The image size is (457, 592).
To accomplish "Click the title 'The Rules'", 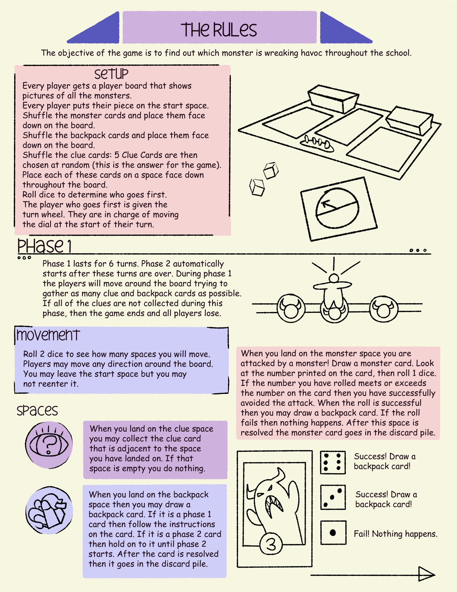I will point(219,30).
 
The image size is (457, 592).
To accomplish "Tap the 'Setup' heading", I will point(111,74).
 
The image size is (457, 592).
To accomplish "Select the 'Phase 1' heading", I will point(44,246).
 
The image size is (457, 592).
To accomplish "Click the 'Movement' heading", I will point(48,335).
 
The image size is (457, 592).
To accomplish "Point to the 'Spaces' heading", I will point(37,410).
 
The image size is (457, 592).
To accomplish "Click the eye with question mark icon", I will point(49,445).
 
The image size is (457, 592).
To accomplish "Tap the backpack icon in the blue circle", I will point(49,510).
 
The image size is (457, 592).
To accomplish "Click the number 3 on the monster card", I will point(271,545).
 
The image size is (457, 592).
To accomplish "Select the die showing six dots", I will point(333,462).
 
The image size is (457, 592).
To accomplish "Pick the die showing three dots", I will point(333,497).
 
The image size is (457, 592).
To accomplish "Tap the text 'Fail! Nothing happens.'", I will point(395,534).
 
